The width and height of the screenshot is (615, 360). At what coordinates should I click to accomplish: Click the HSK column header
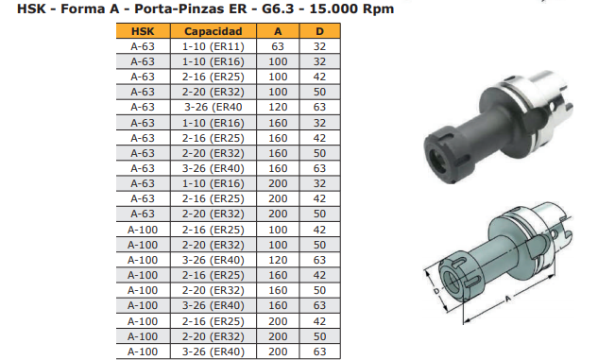(x=143, y=31)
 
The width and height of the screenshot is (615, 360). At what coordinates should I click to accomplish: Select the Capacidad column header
(x=213, y=31)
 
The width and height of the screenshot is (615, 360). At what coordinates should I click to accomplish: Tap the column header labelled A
(x=278, y=31)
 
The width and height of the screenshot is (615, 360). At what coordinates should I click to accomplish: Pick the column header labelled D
(x=319, y=31)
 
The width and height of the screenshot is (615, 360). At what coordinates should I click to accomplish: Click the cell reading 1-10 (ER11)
(x=213, y=46)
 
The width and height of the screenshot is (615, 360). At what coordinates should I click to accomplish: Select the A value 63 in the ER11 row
(x=278, y=46)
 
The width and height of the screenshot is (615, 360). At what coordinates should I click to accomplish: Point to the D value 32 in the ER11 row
(x=319, y=46)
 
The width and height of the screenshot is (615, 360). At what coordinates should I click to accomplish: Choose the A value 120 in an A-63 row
(x=278, y=107)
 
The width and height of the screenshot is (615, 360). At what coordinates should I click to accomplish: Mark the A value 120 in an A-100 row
(x=278, y=260)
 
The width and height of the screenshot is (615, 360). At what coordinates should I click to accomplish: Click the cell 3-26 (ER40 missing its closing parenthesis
(x=213, y=107)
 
